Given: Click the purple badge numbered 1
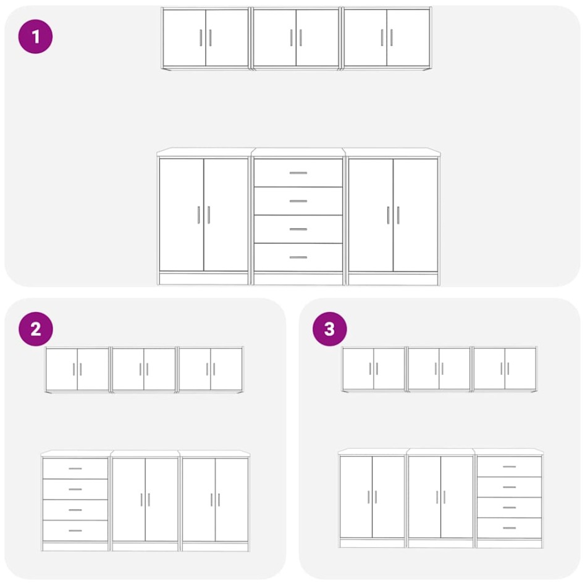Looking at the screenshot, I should click(x=35, y=36).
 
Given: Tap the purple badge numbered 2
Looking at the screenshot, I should click(x=35, y=329).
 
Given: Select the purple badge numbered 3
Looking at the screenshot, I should click(x=329, y=329).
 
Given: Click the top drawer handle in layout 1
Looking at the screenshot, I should click(x=298, y=173).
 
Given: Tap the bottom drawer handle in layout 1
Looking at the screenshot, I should click(x=298, y=257).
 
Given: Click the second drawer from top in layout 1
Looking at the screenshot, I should click(x=298, y=201).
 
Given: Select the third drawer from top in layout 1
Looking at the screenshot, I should click(x=298, y=229).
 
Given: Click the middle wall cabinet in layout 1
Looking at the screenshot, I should click(x=296, y=38).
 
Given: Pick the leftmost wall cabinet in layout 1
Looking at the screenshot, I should click(x=205, y=38).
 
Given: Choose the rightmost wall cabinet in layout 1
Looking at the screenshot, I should click(x=387, y=38).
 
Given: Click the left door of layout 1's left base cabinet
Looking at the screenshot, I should click(x=182, y=214).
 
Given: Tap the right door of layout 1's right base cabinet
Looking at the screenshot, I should click(x=416, y=214).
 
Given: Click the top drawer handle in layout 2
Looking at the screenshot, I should click(x=75, y=469).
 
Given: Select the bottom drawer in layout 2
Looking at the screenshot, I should click(x=75, y=531).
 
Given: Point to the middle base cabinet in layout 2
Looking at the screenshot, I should click(x=145, y=500).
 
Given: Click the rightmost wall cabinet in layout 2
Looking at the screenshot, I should click(x=211, y=369).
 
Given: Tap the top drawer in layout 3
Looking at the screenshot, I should click(x=509, y=466).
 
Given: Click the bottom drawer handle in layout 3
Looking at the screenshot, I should click(x=509, y=528).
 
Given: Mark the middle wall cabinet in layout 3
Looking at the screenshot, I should click(x=439, y=369).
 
